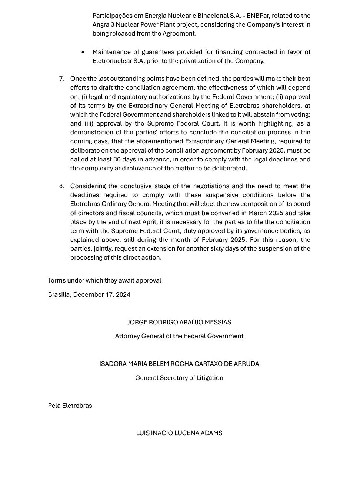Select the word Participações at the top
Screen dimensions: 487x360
pos(110,16)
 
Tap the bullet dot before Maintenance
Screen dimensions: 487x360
pos(83,52)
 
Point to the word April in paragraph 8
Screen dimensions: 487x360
pos(149,222)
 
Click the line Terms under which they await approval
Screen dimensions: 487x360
pos(104,280)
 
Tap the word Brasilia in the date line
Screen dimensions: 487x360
pos(59,294)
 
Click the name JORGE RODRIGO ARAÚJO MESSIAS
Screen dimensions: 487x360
pos(179,322)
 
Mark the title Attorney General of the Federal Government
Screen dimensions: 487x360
pos(179,336)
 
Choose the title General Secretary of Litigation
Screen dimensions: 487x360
pos(179,378)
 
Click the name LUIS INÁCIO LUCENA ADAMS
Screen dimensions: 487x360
pos(179,433)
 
